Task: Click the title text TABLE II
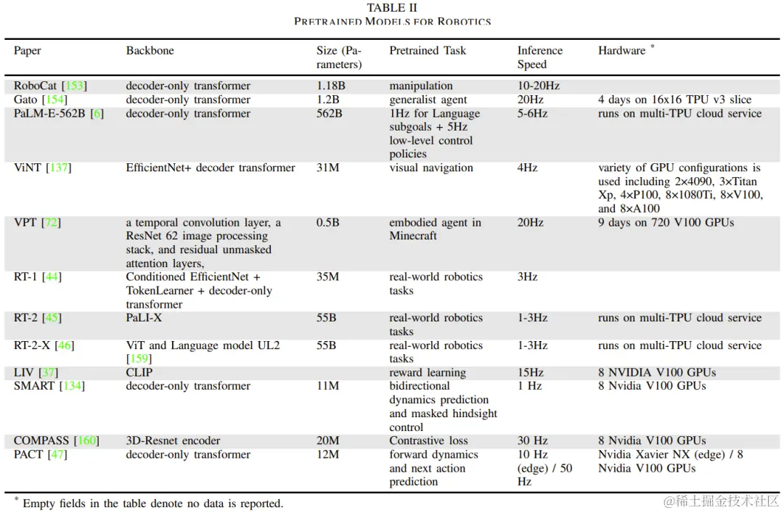pos(392,8)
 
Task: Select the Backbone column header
pos(150,51)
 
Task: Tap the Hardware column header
pos(622,51)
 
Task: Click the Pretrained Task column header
pos(428,51)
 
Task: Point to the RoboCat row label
pos(36,86)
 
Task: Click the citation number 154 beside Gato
pos(55,99)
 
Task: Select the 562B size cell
pos(330,113)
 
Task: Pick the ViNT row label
pos(28,168)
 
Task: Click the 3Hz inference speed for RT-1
pos(527,277)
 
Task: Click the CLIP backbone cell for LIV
pos(139,372)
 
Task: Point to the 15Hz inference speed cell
pos(530,372)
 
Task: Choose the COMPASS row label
pos(41,440)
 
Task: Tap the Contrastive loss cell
pos(428,440)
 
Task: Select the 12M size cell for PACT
pos(327,454)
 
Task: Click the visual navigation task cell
pos(431,168)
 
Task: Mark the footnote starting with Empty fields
pos(152,503)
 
